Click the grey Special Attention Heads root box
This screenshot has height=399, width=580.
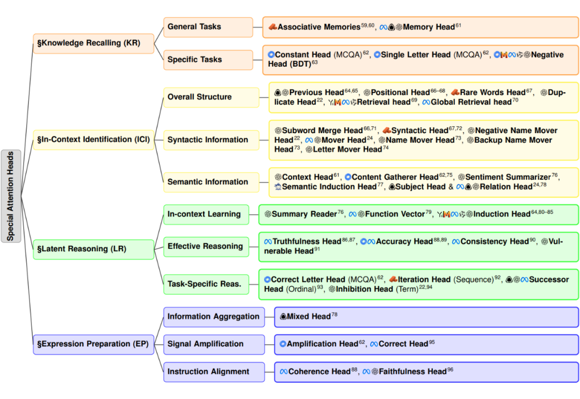(x=11, y=196)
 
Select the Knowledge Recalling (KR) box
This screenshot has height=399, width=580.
(x=93, y=43)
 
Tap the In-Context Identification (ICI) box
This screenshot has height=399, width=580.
(x=93, y=140)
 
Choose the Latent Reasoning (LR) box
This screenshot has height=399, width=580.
(x=93, y=249)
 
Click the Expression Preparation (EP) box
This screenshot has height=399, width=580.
(x=93, y=344)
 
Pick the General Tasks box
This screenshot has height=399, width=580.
(x=208, y=27)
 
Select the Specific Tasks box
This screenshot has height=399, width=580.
(x=208, y=60)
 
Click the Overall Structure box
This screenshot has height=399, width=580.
(x=211, y=97)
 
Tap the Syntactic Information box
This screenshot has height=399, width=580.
(x=211, y=140)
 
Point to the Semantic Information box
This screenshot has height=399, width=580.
(x=211, y=182)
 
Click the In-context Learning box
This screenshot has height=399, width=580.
(x=206, y=214)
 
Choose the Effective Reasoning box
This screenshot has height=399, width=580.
(x=206, y=246)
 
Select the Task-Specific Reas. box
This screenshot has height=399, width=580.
(x=206, y=285)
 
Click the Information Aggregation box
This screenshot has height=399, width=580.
(x=214, y=317)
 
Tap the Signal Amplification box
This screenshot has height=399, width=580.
(x=214, y=344)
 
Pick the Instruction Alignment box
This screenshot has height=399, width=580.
(x=214, y=372)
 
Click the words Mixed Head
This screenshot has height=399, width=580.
(x=308, y=316)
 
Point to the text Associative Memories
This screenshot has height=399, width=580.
(x=319, y=27)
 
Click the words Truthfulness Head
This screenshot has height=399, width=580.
(x=307, y=242)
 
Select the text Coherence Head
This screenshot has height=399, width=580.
(x=319, y=372)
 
